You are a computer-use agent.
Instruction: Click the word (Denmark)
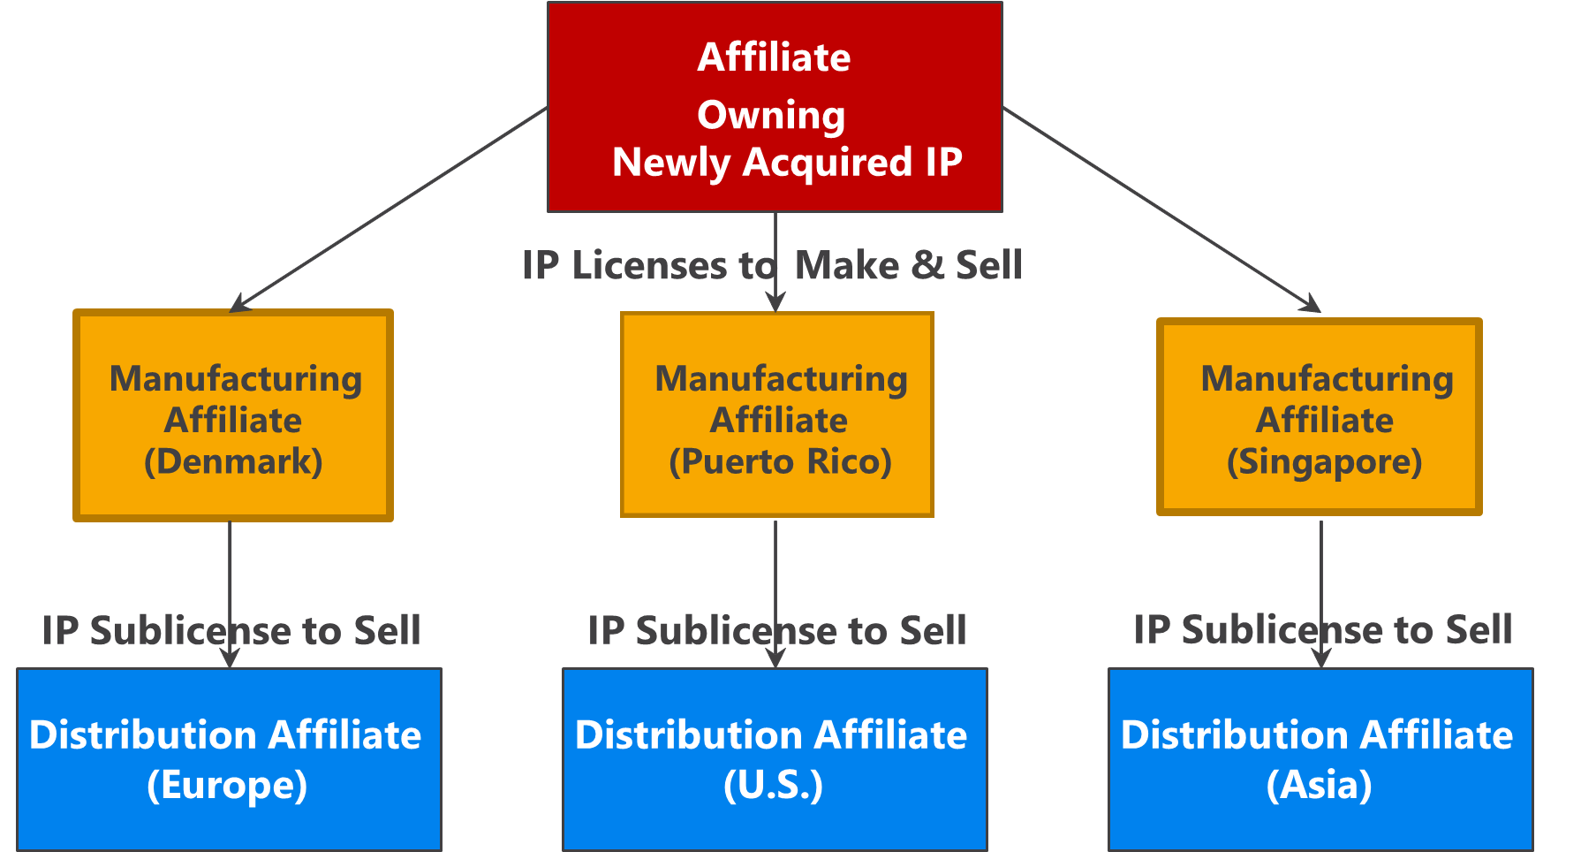click(233, 462)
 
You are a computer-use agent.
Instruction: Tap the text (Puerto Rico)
click(780, 462)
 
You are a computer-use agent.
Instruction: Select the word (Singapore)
click(1324, 462)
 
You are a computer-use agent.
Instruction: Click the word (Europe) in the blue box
click(227, 785)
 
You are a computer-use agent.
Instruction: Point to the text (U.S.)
click(773, 785)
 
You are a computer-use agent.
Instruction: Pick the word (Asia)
click(1319, 785)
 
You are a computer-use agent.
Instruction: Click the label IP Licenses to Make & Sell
click(771, 265)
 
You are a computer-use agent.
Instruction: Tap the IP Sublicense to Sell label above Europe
click(231, 630)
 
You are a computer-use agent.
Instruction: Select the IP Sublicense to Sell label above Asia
click(1322, 629)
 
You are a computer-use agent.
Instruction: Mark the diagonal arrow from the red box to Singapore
click(1161, 209)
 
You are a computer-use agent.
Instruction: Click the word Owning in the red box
click(771, 115)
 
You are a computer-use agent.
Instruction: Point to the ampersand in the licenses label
click(927, 265)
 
